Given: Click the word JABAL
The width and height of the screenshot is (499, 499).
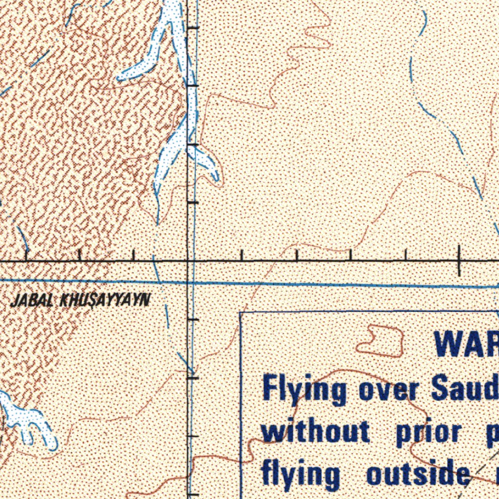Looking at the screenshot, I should pos(32,301).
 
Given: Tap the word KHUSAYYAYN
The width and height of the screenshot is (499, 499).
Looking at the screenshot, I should pos(104,300).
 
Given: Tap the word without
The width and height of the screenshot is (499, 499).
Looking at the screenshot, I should pos(316,432).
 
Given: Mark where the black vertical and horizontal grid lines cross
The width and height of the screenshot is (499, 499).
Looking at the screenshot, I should pos(189,261).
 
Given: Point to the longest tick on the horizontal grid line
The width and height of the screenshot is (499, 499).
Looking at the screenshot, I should pos(459,261).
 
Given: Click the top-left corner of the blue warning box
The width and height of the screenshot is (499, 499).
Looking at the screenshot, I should pos(241,312).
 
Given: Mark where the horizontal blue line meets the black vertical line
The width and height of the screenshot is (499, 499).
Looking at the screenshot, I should pos(189,282).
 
